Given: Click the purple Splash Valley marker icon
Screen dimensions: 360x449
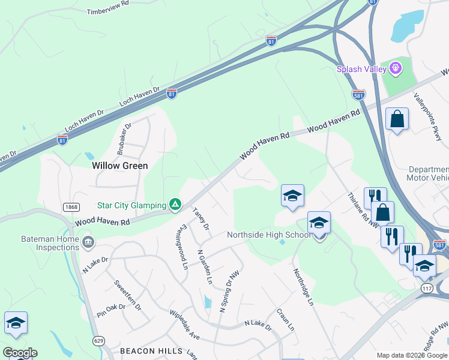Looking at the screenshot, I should click(395, 69).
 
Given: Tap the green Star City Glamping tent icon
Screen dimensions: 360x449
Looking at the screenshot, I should click(175, 205).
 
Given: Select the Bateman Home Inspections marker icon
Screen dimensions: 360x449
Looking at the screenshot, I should click(88, 242).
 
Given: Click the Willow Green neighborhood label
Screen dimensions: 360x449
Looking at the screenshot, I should click(119, 165).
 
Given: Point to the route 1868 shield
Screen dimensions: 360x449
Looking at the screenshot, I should click(71, 206).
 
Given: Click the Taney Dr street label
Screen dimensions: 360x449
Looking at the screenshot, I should click(200, 218).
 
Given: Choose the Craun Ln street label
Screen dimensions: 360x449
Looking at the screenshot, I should click(285, 320).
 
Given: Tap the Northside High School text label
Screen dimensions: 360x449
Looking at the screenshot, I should click(268, 235).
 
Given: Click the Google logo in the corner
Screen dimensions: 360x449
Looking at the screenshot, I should click(20, 352).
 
